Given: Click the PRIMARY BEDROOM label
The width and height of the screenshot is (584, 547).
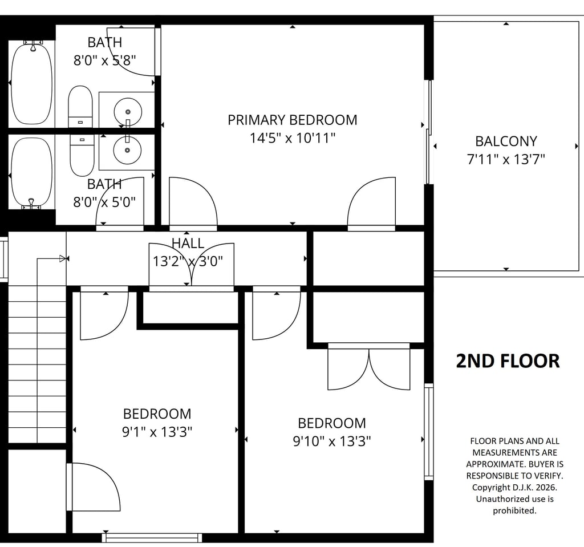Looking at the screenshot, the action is point(293,120).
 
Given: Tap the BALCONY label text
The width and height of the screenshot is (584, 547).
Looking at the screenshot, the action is point(506,141).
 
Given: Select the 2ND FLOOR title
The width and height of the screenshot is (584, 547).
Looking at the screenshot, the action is point(508,360).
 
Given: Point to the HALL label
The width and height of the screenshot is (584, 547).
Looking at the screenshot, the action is point(188,244).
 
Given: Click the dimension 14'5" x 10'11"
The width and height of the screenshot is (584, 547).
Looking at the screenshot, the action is point(293,138).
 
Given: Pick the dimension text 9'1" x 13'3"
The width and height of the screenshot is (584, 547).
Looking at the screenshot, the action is point(157,432).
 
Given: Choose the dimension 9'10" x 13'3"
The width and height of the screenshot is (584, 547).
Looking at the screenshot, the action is point(332,441).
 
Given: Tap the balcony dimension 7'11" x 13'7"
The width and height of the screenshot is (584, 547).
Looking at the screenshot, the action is point(506,160).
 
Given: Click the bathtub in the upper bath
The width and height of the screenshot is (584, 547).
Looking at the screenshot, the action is point(32,83).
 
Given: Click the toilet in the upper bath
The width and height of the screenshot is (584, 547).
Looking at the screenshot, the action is point(80,107).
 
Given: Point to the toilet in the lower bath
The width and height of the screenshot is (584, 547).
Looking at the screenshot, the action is point(82,155).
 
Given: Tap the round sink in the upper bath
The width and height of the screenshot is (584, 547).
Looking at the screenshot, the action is point(128,112).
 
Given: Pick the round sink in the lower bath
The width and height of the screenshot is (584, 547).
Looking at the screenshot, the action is point(128,150).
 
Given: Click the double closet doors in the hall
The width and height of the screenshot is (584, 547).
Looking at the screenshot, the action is point(192,265).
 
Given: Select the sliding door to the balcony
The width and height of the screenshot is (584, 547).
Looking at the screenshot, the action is point(429,132).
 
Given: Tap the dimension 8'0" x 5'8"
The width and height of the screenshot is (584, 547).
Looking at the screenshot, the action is point(105,60).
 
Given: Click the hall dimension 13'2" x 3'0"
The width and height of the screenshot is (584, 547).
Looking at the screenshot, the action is point(188,261).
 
